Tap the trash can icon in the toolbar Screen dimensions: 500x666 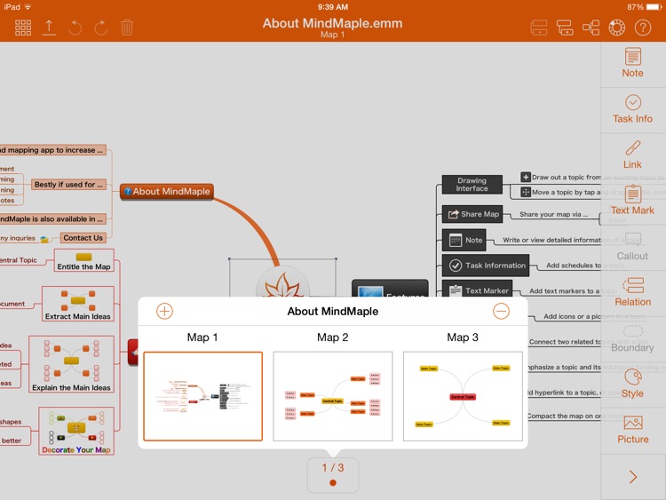127,28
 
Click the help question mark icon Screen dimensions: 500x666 642,28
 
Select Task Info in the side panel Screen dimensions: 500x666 633,109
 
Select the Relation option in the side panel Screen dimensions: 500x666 633,292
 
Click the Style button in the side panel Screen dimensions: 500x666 633,384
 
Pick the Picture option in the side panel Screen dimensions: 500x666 633,429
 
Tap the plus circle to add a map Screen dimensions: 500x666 164,311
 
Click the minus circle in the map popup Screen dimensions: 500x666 501,311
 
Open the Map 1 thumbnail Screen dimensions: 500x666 203,396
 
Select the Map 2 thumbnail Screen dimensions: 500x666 333,396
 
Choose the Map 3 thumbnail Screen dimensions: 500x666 463,396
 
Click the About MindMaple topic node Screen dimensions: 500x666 167,191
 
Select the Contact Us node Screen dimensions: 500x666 83,238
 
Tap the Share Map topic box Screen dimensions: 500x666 472,214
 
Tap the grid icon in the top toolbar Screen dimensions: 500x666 23,28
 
